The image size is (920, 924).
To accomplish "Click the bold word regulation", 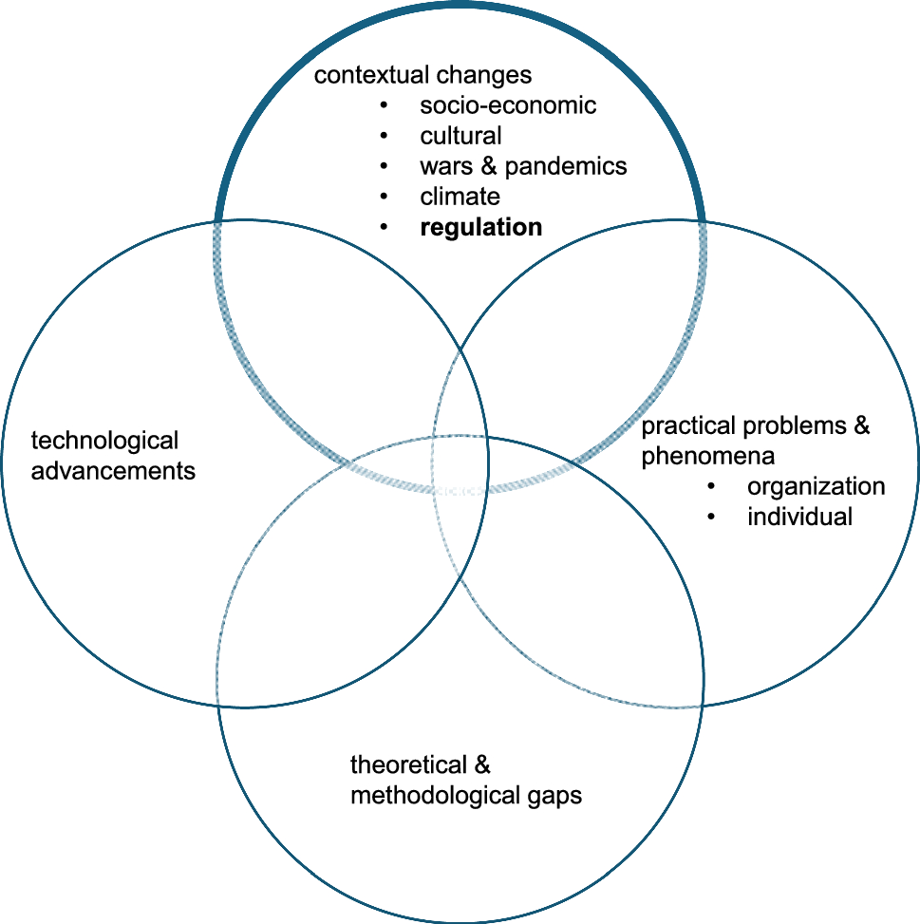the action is click(x=480, y=228).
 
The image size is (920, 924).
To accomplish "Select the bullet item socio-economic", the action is click(x=508, y=105).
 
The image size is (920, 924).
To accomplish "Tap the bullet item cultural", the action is click(x=460, y=136).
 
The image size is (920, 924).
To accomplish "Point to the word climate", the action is click(x=460, y=198).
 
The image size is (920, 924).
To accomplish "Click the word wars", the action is click(x=445, y=167).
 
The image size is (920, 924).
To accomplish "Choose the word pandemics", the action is click(x=566, y=167).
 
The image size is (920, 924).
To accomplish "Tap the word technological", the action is click(x=104, y=441).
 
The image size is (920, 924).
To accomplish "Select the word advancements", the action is click(x=113, y=471).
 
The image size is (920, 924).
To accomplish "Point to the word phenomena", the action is click(x=707, y=457).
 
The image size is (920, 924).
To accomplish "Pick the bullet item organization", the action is click(x=816, y=487).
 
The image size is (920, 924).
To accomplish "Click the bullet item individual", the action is click(x=799, y=518).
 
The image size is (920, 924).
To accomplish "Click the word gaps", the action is click(x=552, y=796).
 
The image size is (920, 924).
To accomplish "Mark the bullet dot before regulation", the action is click(x=385, y=228).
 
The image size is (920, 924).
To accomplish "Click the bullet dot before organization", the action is click(x=711, y=487).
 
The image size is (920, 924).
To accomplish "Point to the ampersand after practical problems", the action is click(x=861, y=425).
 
